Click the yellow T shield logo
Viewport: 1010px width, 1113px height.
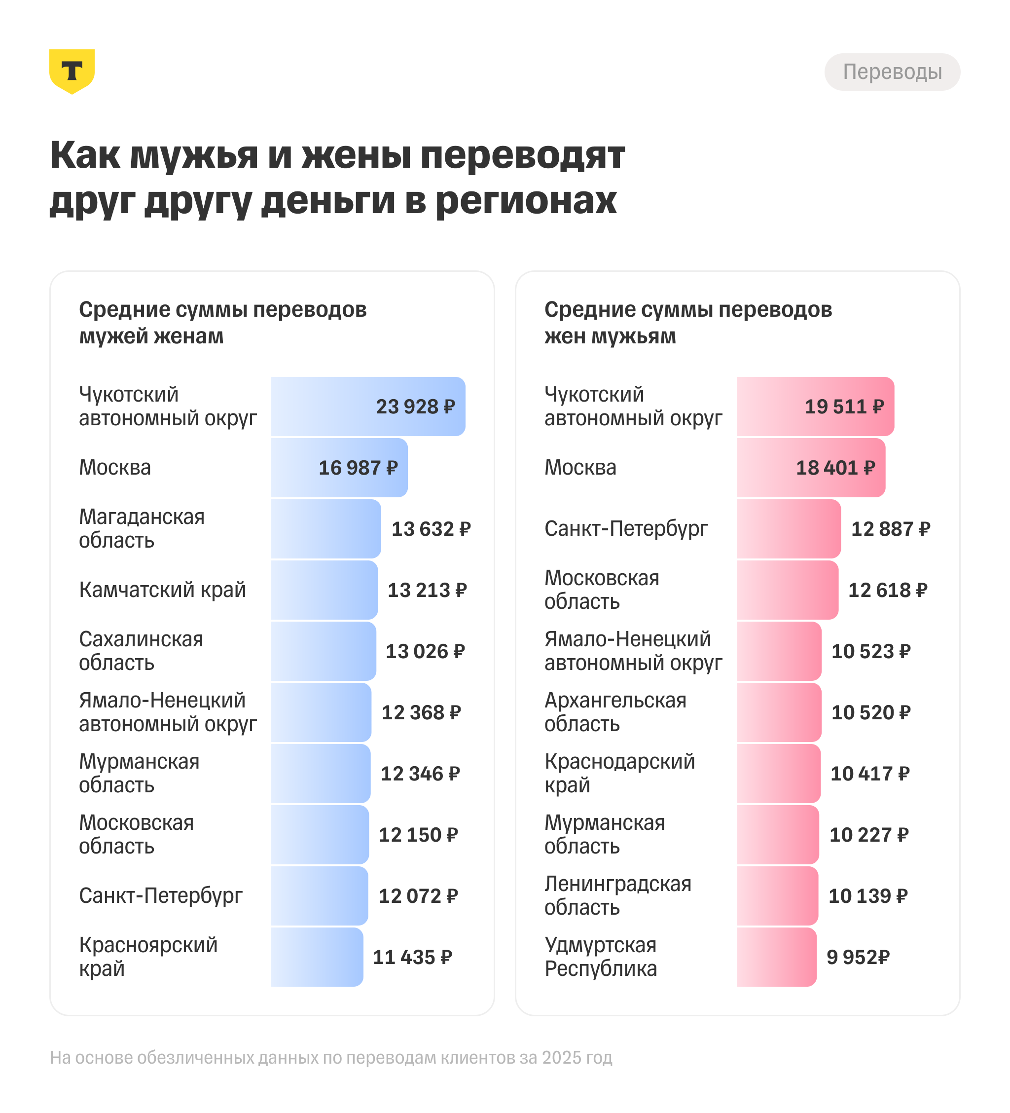(x=72, y=71)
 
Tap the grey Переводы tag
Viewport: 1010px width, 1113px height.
(x=892, y=72)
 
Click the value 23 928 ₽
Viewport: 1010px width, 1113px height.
(x=415, y=407)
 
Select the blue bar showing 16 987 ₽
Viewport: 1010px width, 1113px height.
(x=339, y=468)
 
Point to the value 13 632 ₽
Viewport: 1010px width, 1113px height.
(x=431, y=529)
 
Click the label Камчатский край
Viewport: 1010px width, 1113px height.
(x=162, y=590)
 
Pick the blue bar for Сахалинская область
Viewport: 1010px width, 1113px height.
(x=324, y=651)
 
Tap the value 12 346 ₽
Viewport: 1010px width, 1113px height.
(x=420, y=774)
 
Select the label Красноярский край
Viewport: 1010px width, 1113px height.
(x=148, y=957)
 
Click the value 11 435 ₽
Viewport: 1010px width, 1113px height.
(x=412, y=957)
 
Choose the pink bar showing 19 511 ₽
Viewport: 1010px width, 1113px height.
(x=815, y=407)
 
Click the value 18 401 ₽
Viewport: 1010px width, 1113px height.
(x=835, y=468)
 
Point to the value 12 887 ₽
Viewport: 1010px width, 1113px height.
(x=890, y=529)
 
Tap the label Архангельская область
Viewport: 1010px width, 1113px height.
(x=615, y=712)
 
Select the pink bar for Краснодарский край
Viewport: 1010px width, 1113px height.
(x=778, y=774)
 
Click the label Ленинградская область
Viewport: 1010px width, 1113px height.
(x=617, y=895)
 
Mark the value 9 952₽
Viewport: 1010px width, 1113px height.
(x=858, y=957)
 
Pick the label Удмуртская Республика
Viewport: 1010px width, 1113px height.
(x=601, y=957)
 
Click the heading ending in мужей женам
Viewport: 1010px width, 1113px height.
(x=222, y=323)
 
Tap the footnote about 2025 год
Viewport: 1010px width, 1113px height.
(x=330, y=1057)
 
